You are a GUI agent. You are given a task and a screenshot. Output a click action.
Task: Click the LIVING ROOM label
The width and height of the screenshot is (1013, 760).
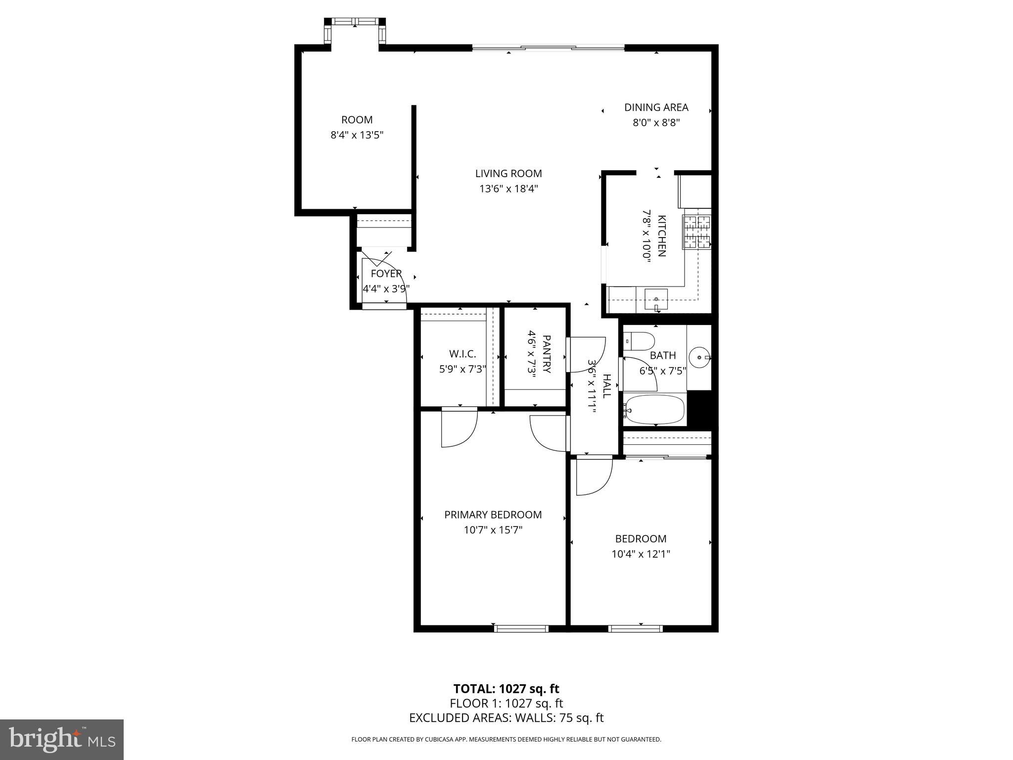click(508, 174)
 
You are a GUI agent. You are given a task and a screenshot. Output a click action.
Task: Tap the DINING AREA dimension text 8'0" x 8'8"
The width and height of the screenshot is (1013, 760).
click(656, 123)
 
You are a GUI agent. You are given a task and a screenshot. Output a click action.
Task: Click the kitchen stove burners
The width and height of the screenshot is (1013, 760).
click(697, 232)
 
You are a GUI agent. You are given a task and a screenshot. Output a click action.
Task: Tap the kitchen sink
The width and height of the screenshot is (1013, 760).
click(656, 299)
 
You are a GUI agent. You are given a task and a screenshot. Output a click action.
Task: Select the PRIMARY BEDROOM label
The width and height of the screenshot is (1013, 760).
click(493, 515)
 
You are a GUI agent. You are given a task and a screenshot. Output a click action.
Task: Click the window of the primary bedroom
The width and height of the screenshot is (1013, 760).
click(521, 628)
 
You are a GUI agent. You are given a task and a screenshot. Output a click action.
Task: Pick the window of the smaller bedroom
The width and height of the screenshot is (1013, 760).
click(635, 628)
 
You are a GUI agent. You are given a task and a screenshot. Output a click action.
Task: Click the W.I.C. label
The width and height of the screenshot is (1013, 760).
click(462, 354)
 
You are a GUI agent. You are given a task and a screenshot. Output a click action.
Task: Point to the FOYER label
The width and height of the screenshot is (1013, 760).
click(386, 274)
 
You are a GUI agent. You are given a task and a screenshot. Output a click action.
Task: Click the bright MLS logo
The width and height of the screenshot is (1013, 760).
click(62, 739)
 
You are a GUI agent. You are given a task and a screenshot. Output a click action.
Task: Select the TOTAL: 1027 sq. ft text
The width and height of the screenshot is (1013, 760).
click(506, 689)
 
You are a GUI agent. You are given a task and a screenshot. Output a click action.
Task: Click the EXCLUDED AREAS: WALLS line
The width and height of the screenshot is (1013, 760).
click(506, 718)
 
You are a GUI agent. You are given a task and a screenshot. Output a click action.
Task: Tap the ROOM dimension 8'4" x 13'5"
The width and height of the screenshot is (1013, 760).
click(357, 135)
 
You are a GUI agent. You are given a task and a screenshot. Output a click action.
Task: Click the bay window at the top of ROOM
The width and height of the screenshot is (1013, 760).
click(354, 22)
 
